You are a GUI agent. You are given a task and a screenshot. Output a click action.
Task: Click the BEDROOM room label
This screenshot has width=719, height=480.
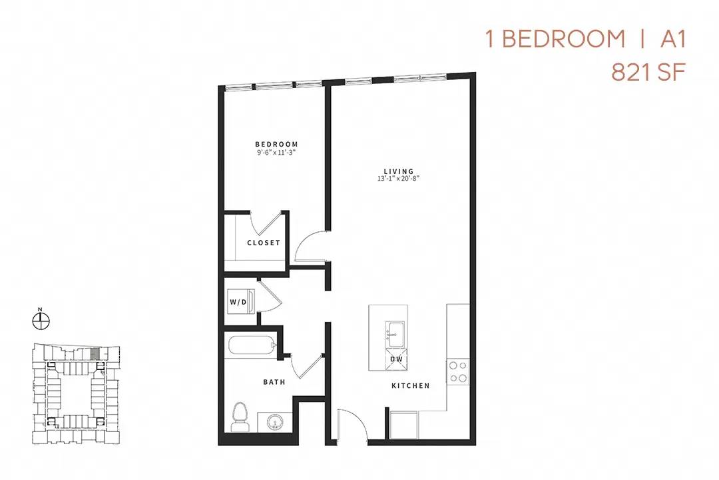click(x=276, y=144)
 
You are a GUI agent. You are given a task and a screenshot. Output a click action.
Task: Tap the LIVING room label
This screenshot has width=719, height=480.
click(x=399, y=171)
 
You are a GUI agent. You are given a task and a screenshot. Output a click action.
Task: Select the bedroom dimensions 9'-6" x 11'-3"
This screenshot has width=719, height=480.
click(x=276, y=152)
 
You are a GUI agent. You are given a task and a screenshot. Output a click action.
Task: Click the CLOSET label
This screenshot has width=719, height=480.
click(x=263, y=243)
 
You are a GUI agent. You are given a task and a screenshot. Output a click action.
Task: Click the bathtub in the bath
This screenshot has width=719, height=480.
click(x=251, y=345)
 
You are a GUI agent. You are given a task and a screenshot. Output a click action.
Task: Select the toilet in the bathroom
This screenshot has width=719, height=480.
click(x=238, y=417)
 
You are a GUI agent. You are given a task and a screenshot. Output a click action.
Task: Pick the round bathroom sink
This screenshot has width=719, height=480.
click(x=275, y=421)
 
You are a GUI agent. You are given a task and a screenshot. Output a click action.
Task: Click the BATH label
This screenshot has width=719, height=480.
click(x=274, y=382)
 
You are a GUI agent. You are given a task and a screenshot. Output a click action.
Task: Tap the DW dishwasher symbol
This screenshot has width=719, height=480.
click(x=396, y=359)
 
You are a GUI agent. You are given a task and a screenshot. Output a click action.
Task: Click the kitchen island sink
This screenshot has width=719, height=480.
click(x=394, y=335)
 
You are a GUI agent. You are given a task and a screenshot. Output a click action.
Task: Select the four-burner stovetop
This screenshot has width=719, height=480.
click(x=458, y=371)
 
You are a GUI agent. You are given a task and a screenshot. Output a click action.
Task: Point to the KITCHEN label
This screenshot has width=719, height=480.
click(x=411, y=386)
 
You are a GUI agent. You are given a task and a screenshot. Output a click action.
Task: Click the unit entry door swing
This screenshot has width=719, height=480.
click(x=353, y=423)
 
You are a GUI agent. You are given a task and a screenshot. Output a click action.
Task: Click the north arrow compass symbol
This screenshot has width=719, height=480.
click(x=41, y=319)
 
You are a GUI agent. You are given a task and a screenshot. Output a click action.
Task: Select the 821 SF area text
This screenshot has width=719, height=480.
click(x=648, y=73)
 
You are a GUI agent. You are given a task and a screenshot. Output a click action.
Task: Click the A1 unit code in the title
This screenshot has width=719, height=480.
click(x=673, y=39)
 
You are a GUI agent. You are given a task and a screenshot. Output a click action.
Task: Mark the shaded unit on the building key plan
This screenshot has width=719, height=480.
click(x=95, y=353)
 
